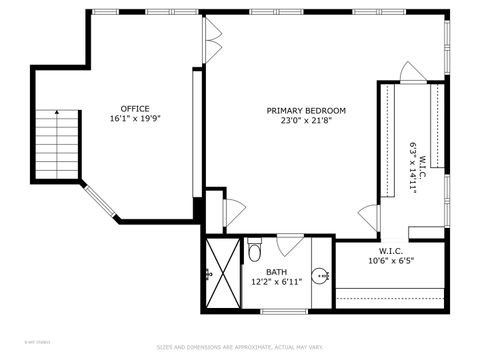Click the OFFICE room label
tap(135, 109)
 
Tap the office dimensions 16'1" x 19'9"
tap(135, 119)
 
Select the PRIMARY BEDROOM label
tap(306, 110)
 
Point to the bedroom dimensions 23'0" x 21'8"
tap(306, 121)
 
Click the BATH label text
tap(277, 272)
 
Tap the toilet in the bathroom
tap(254, 250)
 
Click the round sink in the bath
tap(321, 276)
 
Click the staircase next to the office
tap(57, 145)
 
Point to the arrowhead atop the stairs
tap(57, 112)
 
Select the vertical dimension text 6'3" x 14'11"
tap(411, 167)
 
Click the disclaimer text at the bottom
tap(239, 347)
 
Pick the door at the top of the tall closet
tap(412, 73)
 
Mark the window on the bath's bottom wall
tap(284, 312)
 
